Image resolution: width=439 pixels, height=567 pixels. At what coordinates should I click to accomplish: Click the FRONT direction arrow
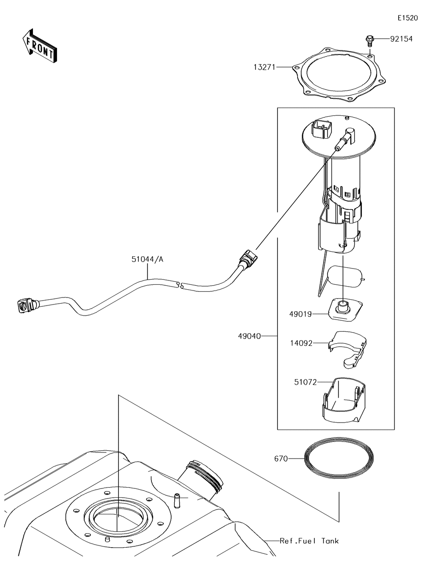pos(39,46)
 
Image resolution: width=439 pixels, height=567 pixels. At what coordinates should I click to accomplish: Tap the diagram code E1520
pos(408,18)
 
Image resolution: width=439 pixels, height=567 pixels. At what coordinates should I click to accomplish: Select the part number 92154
pos(401,39)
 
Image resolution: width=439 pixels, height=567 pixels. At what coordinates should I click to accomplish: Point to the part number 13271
pos(264,67)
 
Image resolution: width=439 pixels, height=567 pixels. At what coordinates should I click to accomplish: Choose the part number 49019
pos(300,314)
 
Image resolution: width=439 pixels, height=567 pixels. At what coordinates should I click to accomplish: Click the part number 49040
pos(249,336)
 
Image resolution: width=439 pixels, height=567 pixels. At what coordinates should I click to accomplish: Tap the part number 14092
pos(301,343)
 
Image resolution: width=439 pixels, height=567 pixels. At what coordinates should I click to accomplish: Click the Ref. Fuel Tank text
pos(309,541)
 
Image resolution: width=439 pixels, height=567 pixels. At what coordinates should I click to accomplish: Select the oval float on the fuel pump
pos(345,277)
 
